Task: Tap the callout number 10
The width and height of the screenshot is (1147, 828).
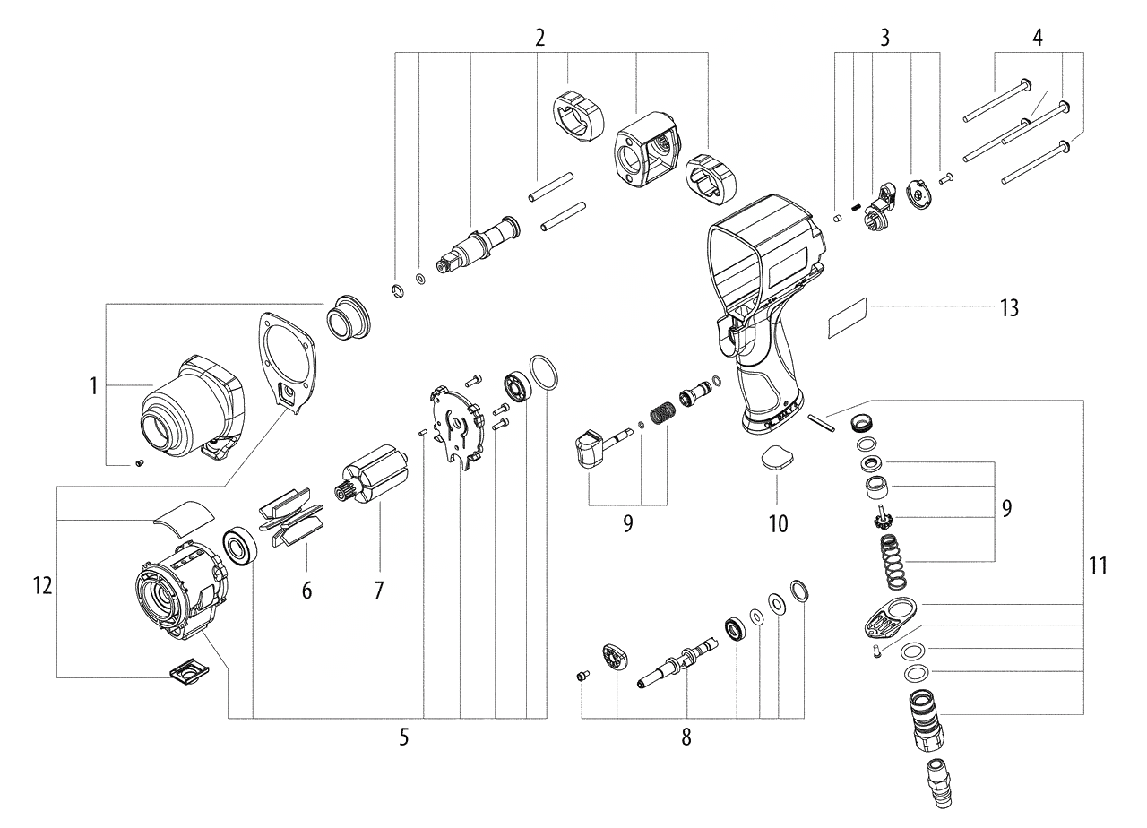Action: [x=777, y=522]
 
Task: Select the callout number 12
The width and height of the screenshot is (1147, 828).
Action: [x=41, y=587]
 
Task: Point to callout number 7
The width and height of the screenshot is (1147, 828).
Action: [x=378, y=591]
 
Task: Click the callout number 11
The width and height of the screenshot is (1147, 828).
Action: [x=1098, y=565]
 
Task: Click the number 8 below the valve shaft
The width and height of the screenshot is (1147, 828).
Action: [x=686, y=737]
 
